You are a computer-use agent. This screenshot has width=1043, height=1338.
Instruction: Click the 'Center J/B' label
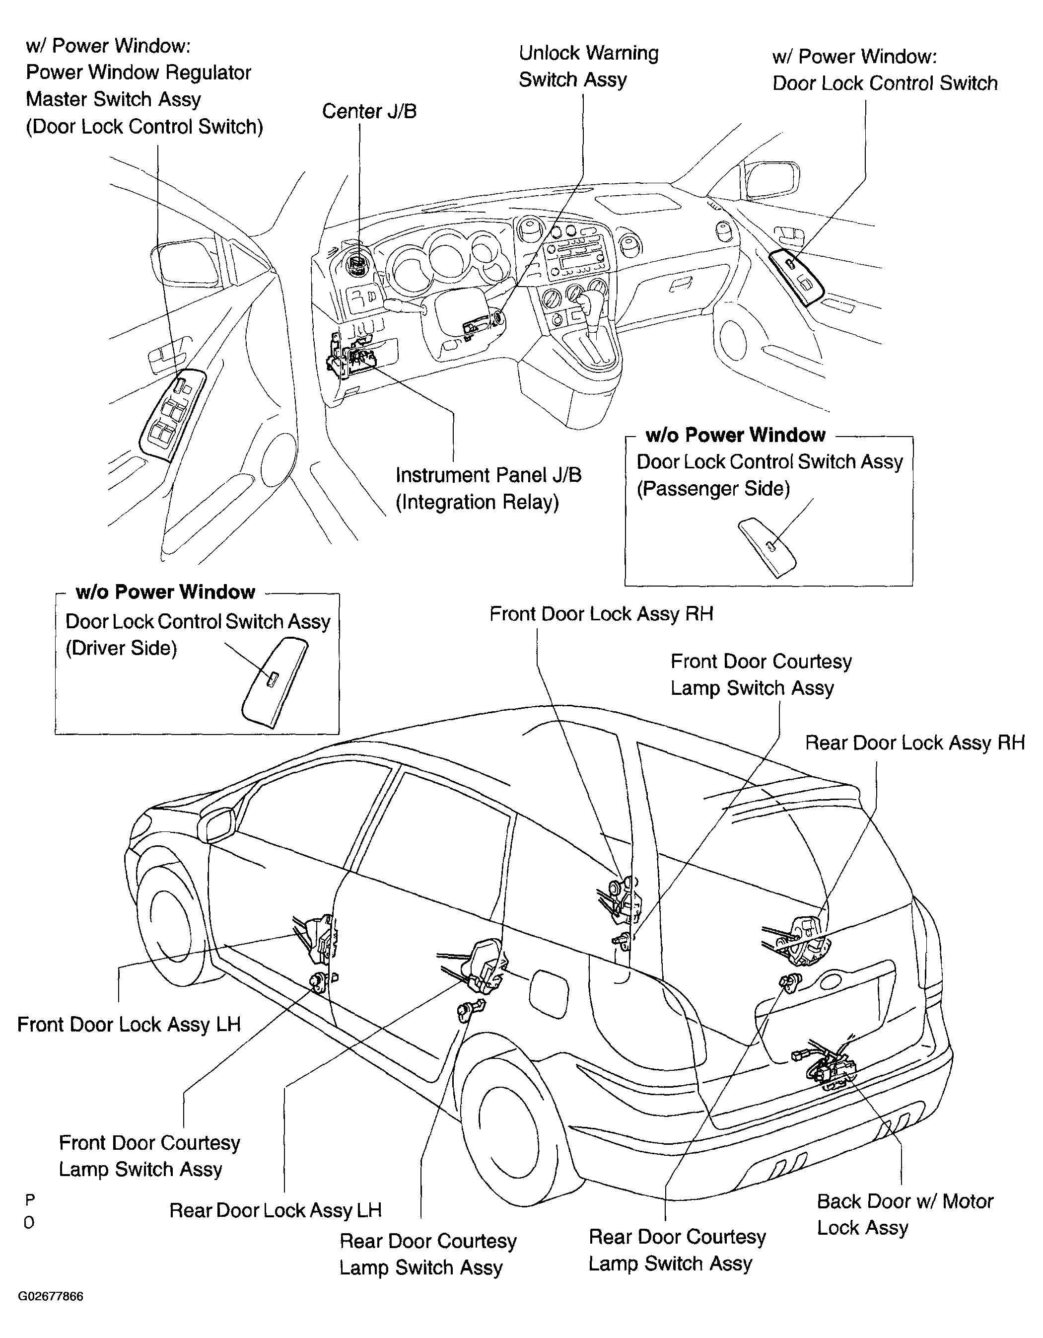point(369,111)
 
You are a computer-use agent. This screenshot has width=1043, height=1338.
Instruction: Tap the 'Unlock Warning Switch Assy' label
point(589,66)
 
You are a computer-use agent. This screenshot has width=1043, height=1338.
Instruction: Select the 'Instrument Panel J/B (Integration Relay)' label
point(488,488)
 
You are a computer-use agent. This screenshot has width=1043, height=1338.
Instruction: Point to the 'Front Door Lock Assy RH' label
point(601,614)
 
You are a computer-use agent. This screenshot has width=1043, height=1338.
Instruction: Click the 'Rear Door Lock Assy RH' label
point(914,743)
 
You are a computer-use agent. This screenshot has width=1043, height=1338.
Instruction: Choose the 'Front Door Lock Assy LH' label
point(129,1024)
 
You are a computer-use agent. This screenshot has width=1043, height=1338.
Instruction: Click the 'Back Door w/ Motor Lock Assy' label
point(904,1214)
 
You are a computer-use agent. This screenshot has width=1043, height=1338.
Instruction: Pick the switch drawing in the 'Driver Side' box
point(275,682)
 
